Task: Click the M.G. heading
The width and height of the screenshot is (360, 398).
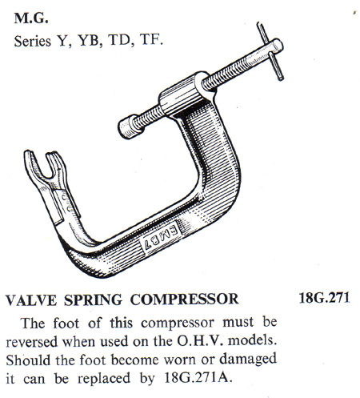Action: [31, 18]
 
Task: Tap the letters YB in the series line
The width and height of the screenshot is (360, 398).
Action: [89, 42]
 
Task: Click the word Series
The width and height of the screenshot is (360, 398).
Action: [32, 42]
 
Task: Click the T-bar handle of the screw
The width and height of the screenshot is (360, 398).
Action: [270, 50]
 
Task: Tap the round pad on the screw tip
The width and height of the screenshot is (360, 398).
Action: [128, 128]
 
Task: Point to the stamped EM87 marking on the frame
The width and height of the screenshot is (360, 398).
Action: [160, 236]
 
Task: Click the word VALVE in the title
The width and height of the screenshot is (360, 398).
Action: [31, 300]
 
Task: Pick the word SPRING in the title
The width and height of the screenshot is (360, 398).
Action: [93, 300]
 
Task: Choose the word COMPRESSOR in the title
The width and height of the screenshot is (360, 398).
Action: [184, 299]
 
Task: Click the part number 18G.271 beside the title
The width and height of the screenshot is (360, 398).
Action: [324, 298]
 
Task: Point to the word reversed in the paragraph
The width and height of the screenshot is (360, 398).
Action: [32, 342]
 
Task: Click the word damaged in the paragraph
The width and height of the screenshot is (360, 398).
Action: [248, 360]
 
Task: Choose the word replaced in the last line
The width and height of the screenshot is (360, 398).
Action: [104, 379]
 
